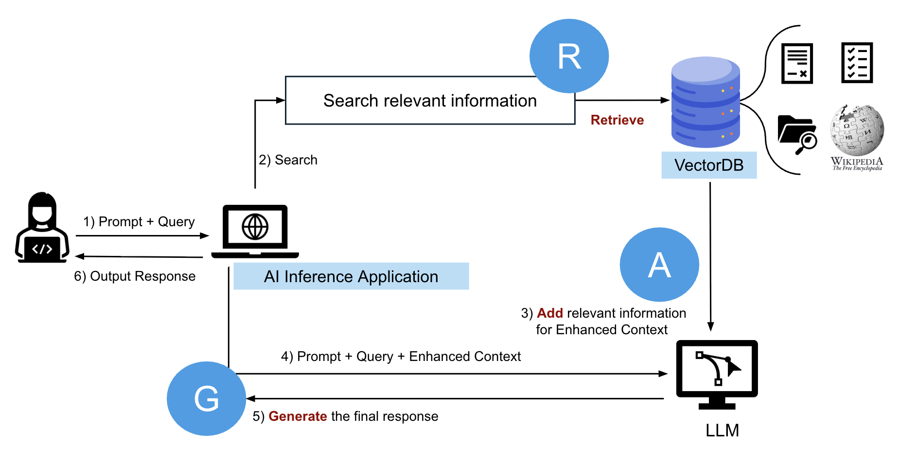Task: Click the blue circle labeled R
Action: click(569, 56)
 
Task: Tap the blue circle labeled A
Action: click(659, 265)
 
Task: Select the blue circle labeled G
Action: click(206, 398)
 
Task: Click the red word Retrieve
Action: click(617, 120)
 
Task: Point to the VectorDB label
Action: click(708, 165)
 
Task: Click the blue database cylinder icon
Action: click(706, 102)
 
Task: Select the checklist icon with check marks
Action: click(857, 63)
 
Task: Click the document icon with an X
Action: click(797, 64)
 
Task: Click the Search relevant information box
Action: click(430, 101)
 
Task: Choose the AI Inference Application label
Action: click(351, 276)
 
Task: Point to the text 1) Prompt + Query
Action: click(139, 222)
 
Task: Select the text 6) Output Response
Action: click(135, 276)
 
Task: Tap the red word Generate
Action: click(298, 416)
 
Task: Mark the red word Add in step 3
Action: click(550, 313)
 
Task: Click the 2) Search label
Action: click(288, 160)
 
